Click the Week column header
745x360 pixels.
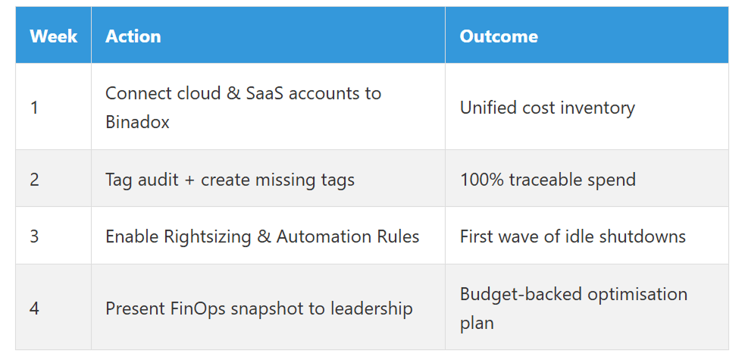point(53,36)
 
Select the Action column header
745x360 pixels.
point(133,36)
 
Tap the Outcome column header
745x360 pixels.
point(499,36)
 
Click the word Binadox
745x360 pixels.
point(137,122)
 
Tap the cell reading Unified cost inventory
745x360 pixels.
point(547,108)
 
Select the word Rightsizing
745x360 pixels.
point(207,236)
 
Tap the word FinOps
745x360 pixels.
point(198,308)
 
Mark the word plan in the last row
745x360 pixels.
point(477,324)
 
